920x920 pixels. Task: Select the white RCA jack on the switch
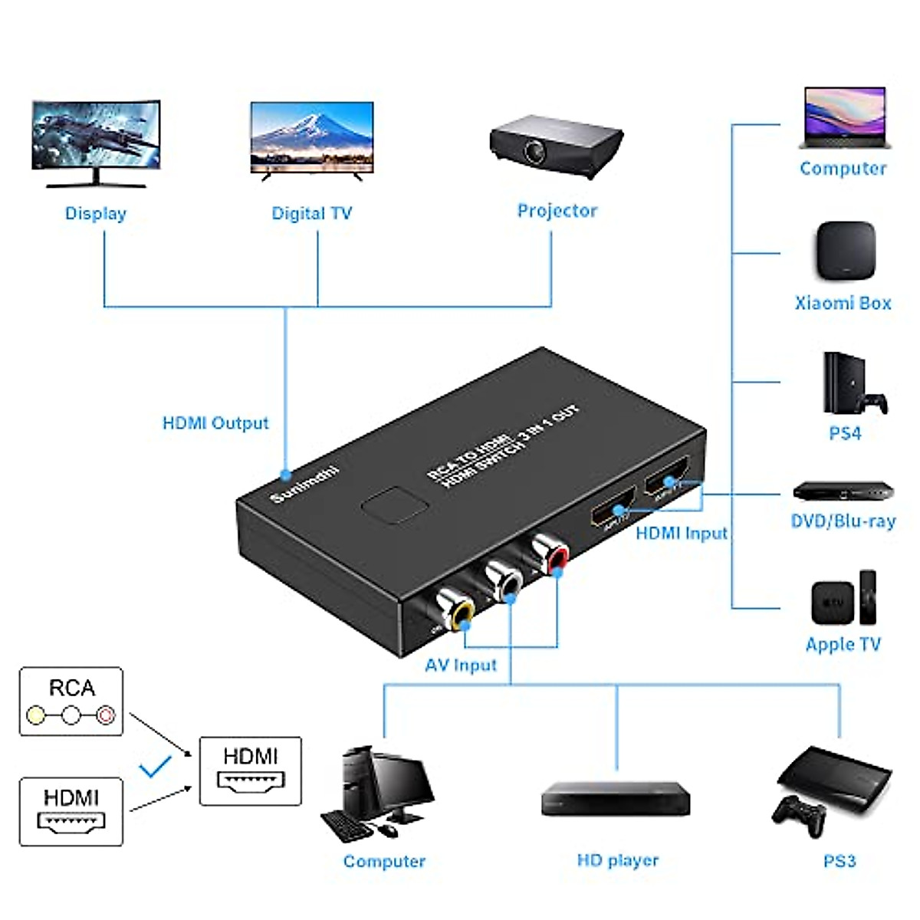point(503,580)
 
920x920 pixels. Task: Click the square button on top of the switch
point(394,506)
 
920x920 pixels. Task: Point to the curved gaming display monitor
point(96,143)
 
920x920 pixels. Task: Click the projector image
point(556,146)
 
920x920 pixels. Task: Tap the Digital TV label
point(311,213)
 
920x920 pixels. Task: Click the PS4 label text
point(844,433)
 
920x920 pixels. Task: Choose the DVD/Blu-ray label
point(843,521)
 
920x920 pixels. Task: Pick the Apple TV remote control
point(868,596)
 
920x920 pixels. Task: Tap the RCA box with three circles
point(71,701)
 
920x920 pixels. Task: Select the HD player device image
point(616,798)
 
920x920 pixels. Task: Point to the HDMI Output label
point(215,423)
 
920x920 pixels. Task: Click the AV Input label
point(461,665)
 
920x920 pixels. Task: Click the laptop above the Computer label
point(844,118)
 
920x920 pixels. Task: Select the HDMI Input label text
point(681,533)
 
